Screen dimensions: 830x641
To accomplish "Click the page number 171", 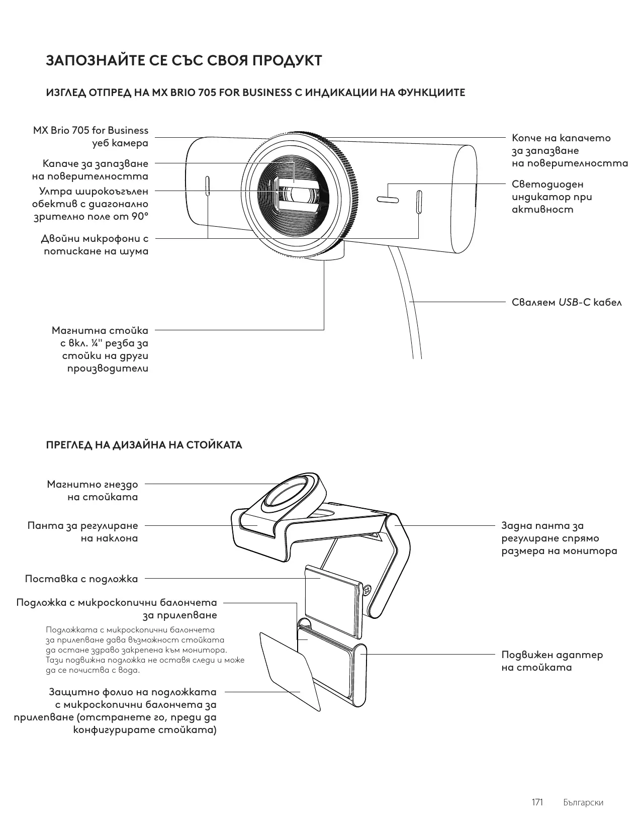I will coord(537,802).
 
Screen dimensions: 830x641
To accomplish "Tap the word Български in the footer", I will coord(583,802).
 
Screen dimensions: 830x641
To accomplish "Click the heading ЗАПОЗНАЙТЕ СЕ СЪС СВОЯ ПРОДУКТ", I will coord(184,61).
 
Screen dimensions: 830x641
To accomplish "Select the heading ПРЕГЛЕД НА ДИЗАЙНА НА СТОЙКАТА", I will coord(144,445).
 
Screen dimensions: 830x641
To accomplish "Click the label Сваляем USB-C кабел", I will coord(567,303).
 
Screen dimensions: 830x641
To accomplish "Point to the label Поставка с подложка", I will coord(81,579).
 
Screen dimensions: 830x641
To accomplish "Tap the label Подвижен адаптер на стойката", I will coord(552,661).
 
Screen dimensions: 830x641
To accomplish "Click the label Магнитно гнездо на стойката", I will coord(93,491).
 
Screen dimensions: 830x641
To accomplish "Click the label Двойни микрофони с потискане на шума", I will coord(96,245).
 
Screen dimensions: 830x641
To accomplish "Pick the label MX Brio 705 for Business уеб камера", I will coord(91,137).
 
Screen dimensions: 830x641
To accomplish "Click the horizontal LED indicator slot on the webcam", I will coord(388,201).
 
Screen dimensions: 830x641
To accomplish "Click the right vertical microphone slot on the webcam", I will coord(419,202).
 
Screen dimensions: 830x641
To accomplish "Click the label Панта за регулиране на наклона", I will coord(83,532).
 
